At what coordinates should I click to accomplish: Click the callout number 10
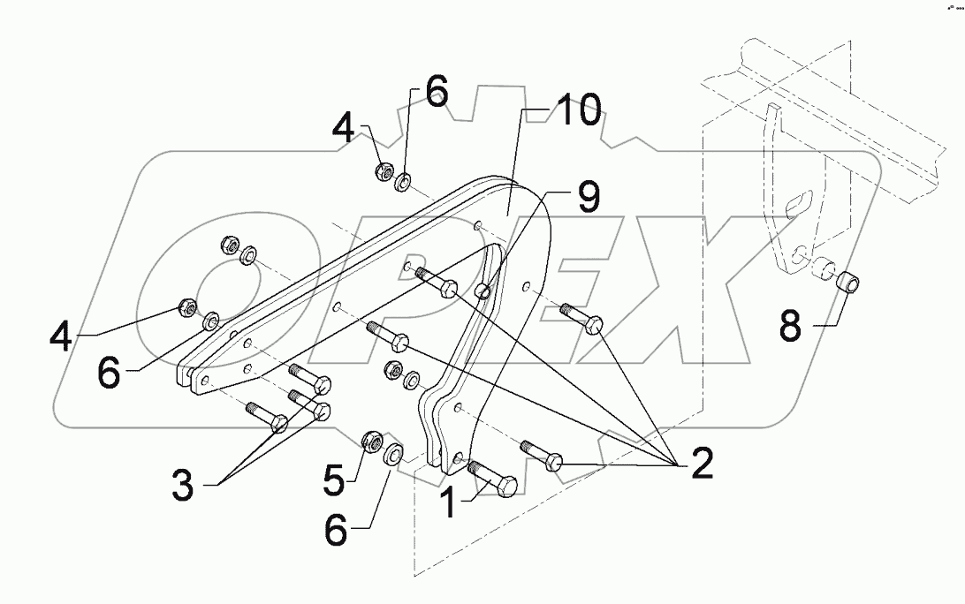[577, 113]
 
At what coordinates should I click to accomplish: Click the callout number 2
[701, 464]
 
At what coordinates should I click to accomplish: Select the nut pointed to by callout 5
[371, 439]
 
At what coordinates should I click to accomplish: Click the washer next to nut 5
[395, 455]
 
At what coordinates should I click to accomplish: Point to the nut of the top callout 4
[384, 171]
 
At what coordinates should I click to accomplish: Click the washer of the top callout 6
[404, 182]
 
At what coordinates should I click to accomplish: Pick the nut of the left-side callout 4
[187, 308]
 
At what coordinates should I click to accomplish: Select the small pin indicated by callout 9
[483, 291]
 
